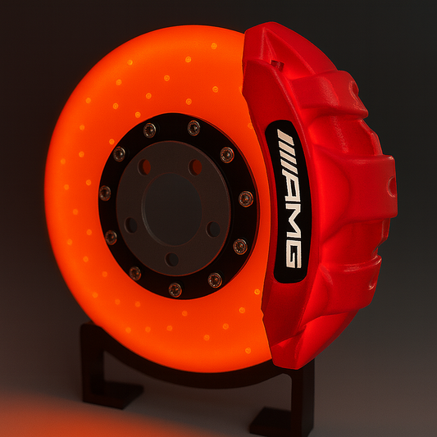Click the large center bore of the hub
tap(171, 205)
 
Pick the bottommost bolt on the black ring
tap(175, 289)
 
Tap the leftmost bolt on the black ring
tap(105, 193)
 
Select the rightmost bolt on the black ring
tap(245, 198)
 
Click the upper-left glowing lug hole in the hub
tap(145, 167)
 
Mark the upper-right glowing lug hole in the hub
tap(196, 167)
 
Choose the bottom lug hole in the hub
tap(172, 260)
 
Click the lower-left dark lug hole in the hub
tap(131, 224)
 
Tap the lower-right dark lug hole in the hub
tap(213, 229)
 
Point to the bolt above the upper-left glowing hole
tap(149, 130)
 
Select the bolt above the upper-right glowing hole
tap(193, 128)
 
